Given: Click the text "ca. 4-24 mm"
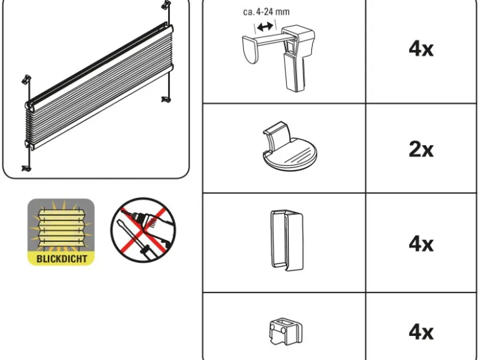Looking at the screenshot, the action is tap(267, 12).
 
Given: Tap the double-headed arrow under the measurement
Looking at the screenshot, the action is tap(265, 27).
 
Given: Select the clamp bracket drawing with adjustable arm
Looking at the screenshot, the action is tap(278, 58).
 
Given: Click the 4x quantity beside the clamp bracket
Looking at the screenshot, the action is tap(421, 49).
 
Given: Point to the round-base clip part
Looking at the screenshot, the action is tap(289, 147).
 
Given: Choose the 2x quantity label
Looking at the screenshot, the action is tap(421, 150).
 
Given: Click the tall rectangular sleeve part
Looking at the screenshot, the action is tap(287, 240).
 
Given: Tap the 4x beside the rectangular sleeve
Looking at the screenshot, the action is tap(421, 244).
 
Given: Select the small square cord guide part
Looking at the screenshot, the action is tap(285, 331).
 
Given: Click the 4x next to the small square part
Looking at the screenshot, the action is tap(421, 332).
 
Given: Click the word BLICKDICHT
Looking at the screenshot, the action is tap(62, 259).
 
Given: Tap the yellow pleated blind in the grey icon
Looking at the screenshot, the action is tap(62, 226).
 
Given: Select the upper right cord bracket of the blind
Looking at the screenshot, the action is tap(165, 5).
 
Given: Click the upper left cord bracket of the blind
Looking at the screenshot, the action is tap(27, 80).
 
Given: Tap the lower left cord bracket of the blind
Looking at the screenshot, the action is tap(27, 169).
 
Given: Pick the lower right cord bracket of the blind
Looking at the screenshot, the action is tap(166, 99).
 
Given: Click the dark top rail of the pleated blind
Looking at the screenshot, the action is tap(99, 64).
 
